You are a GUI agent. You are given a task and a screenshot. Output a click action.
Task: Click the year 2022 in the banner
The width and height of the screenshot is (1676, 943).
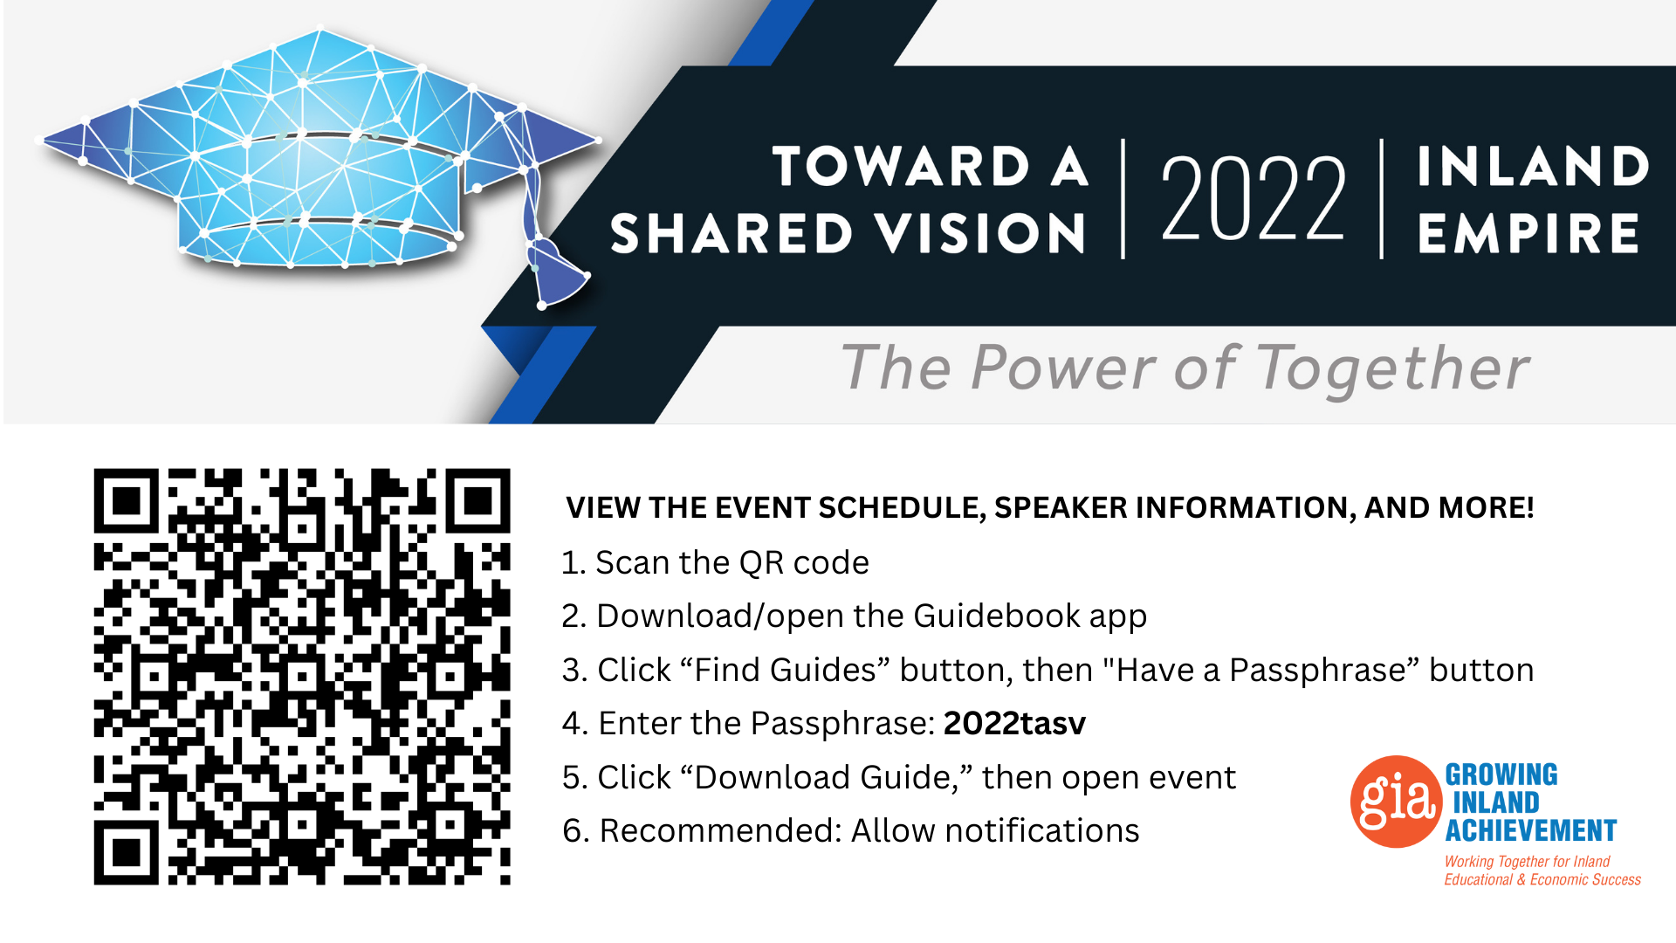pyautogui.click(x=1254, y=198)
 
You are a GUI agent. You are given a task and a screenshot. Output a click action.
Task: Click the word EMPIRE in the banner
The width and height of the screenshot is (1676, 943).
pyautogui.click(x=1528, y=233)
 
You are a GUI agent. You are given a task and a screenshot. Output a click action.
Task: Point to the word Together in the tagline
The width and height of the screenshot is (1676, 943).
pyautogui.click(x=1393, y=369)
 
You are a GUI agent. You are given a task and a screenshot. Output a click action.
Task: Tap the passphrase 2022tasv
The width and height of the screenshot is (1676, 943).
pyautogui.click(x=1014, y=723)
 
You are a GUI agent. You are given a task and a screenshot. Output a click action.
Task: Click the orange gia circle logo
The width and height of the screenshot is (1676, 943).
pyautogui.click(x=1396, y=802)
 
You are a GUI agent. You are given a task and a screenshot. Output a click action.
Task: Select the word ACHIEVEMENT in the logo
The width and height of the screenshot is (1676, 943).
pyautogui.click(x=1531, y=830)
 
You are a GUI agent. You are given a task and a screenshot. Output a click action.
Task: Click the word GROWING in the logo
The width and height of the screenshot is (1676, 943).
pyautogui.click(x=1501, y=774)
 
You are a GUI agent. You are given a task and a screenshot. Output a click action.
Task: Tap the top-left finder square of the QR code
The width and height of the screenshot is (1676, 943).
pyautogui.click(x=127, y=501)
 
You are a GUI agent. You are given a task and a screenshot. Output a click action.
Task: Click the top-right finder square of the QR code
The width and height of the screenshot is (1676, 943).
pyautogui.click(x=478, y=501)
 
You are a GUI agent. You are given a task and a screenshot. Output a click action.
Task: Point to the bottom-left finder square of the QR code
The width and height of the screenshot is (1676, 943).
pyautogui.click(x=127, y=853)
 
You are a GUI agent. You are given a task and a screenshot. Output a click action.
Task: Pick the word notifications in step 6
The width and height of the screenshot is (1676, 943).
pyautogui.click(x=1042, y=830)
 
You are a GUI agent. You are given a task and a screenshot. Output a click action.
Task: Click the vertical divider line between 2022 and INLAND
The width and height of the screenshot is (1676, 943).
pyautogui.click(x=1381, y=198)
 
